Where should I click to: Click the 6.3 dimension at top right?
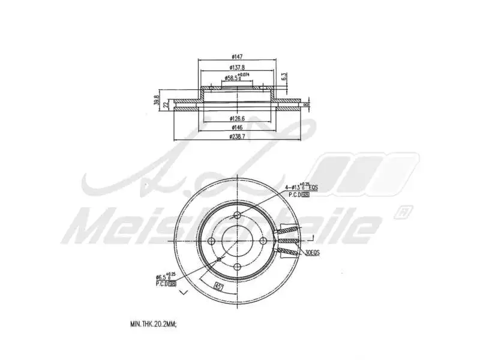click(x=284, y=77)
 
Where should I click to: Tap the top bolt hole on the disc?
click(x=238, y=215)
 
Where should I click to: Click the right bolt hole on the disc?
click(x=263, y=241)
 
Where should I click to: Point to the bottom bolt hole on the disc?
click(x=238, y=266)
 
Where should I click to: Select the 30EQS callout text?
click(x=311, y=253)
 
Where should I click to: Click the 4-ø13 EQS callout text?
click(x=301, y=188)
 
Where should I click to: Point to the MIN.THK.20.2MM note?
click(x=154, y=323)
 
